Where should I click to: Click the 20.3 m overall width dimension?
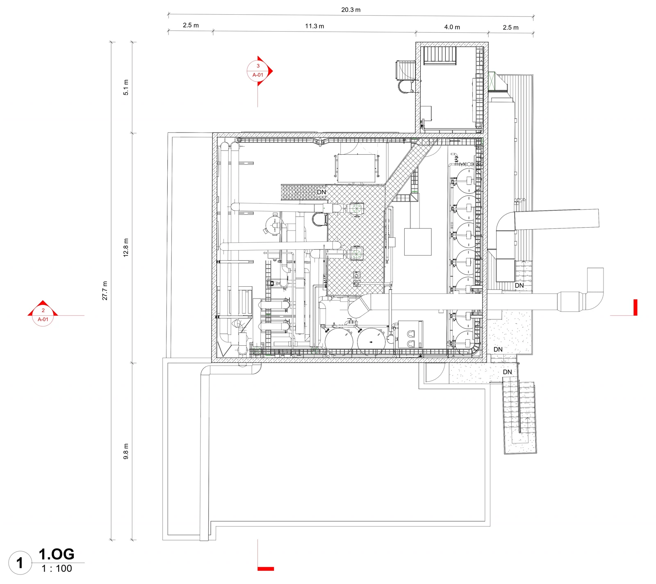pos(351,10)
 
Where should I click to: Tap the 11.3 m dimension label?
pos(314,26)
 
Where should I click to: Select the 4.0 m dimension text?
pos(452,27)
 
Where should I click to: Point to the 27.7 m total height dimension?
pos(105,290)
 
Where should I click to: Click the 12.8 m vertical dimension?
pos(126,247)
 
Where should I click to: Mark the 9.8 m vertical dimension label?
pos(126,451)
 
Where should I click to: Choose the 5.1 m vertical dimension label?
pos(126,87)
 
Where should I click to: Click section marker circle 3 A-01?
pos(258,71)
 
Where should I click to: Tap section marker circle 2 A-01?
pos(43,315)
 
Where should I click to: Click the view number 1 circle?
pos(20,563)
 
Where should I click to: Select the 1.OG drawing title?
pos(57,554)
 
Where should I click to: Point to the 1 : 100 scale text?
pos(57,569)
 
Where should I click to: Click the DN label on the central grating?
pos(321,192)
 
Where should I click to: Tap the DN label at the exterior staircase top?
pos(507,372)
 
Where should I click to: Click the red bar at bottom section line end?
pos(266,569)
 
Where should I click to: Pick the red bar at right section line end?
pos(635,307)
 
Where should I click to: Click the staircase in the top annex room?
pos(440,55)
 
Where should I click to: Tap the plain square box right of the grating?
pos(418,242)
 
